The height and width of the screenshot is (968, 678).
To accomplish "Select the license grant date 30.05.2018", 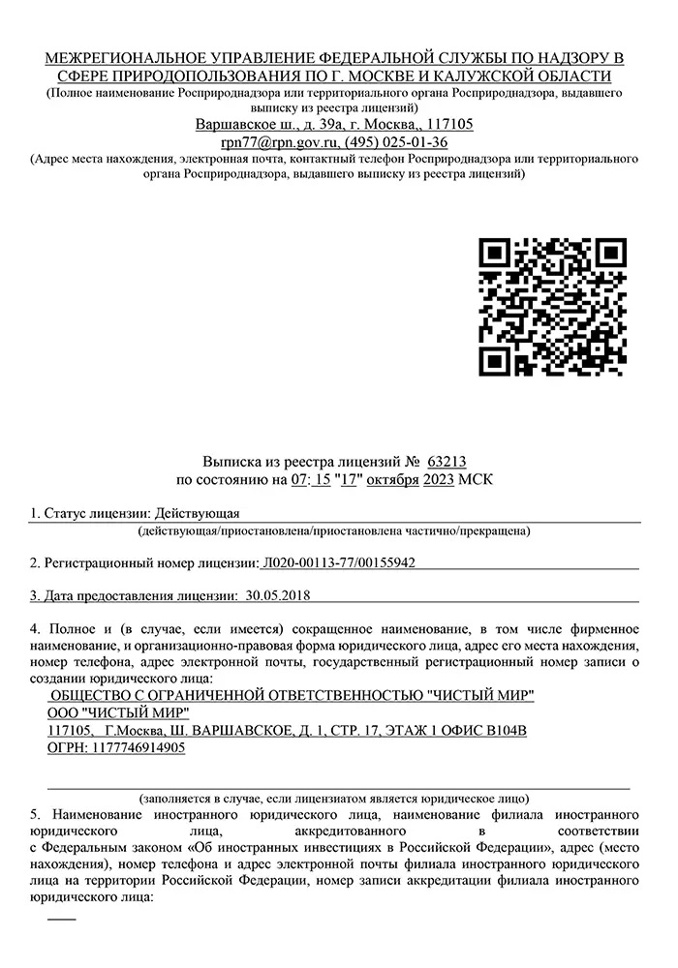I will [x=278, y=594].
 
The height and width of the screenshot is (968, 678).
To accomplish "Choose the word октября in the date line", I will [x=392, y=479].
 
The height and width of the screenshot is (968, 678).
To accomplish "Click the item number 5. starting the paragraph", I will [x=37, y=815].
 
